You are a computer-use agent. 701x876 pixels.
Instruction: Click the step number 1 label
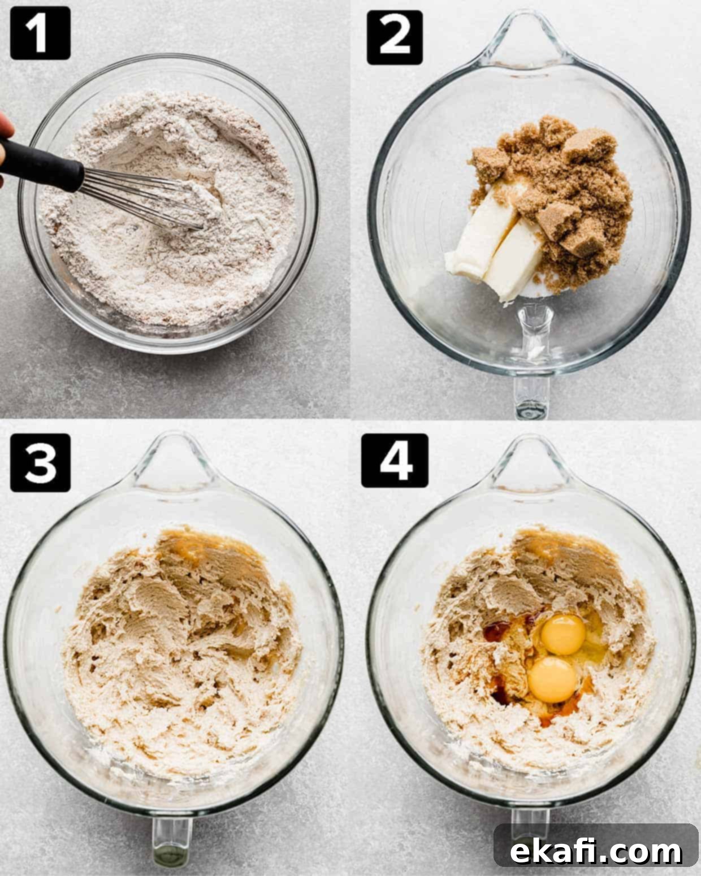[40, 33]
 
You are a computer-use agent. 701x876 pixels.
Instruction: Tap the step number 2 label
[395, 37]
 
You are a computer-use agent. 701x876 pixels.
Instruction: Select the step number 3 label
[40, 463]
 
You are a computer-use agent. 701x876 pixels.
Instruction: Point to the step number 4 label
[395, 461]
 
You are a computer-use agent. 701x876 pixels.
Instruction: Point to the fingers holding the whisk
[5, 146]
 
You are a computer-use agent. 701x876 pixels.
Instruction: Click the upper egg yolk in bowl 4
[564, 635]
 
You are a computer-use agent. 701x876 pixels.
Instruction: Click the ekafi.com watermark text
[596, 851]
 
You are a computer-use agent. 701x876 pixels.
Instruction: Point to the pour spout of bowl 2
[525, 41]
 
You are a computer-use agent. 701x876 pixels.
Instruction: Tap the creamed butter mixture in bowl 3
[179, 651]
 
